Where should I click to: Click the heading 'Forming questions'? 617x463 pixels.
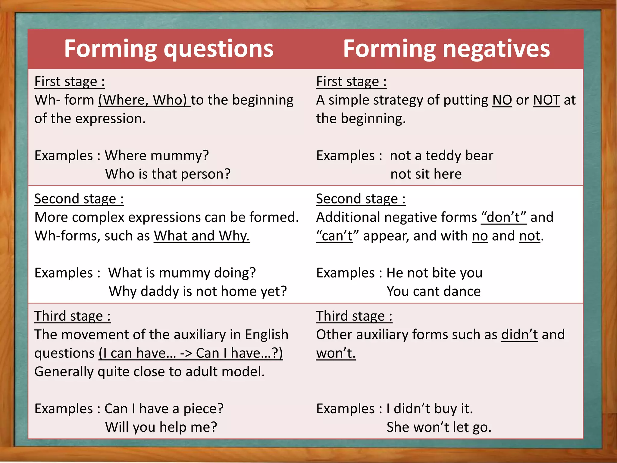[169, 49]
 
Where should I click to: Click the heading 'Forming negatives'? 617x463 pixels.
[446, 49]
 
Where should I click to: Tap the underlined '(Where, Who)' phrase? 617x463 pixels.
[144, 100]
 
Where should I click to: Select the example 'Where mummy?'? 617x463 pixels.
[157, 156]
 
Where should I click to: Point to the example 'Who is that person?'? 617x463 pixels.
[168, 174]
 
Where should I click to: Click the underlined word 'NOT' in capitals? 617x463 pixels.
[546, 100]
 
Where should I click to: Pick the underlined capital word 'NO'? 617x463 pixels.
[502, 100]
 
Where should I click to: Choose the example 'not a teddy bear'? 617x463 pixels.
[441, 156]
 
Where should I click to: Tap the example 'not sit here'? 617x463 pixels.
[426, 174]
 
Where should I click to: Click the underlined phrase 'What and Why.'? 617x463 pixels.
[202, 236]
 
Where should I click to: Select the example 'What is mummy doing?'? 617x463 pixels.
[182, 273]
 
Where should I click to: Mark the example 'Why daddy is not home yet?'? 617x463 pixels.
[198, 291]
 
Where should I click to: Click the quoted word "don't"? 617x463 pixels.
[504, 217]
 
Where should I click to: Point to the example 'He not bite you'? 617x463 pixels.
[434, 273]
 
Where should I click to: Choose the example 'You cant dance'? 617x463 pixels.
[434, 291]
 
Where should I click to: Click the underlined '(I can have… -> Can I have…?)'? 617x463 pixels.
[191, 353]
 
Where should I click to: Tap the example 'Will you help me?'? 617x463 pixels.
[161, 427]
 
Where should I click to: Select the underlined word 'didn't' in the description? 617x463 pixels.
[519, 335]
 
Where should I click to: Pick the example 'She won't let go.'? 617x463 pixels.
[439, 427]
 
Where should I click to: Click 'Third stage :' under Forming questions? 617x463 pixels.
[72, 316]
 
